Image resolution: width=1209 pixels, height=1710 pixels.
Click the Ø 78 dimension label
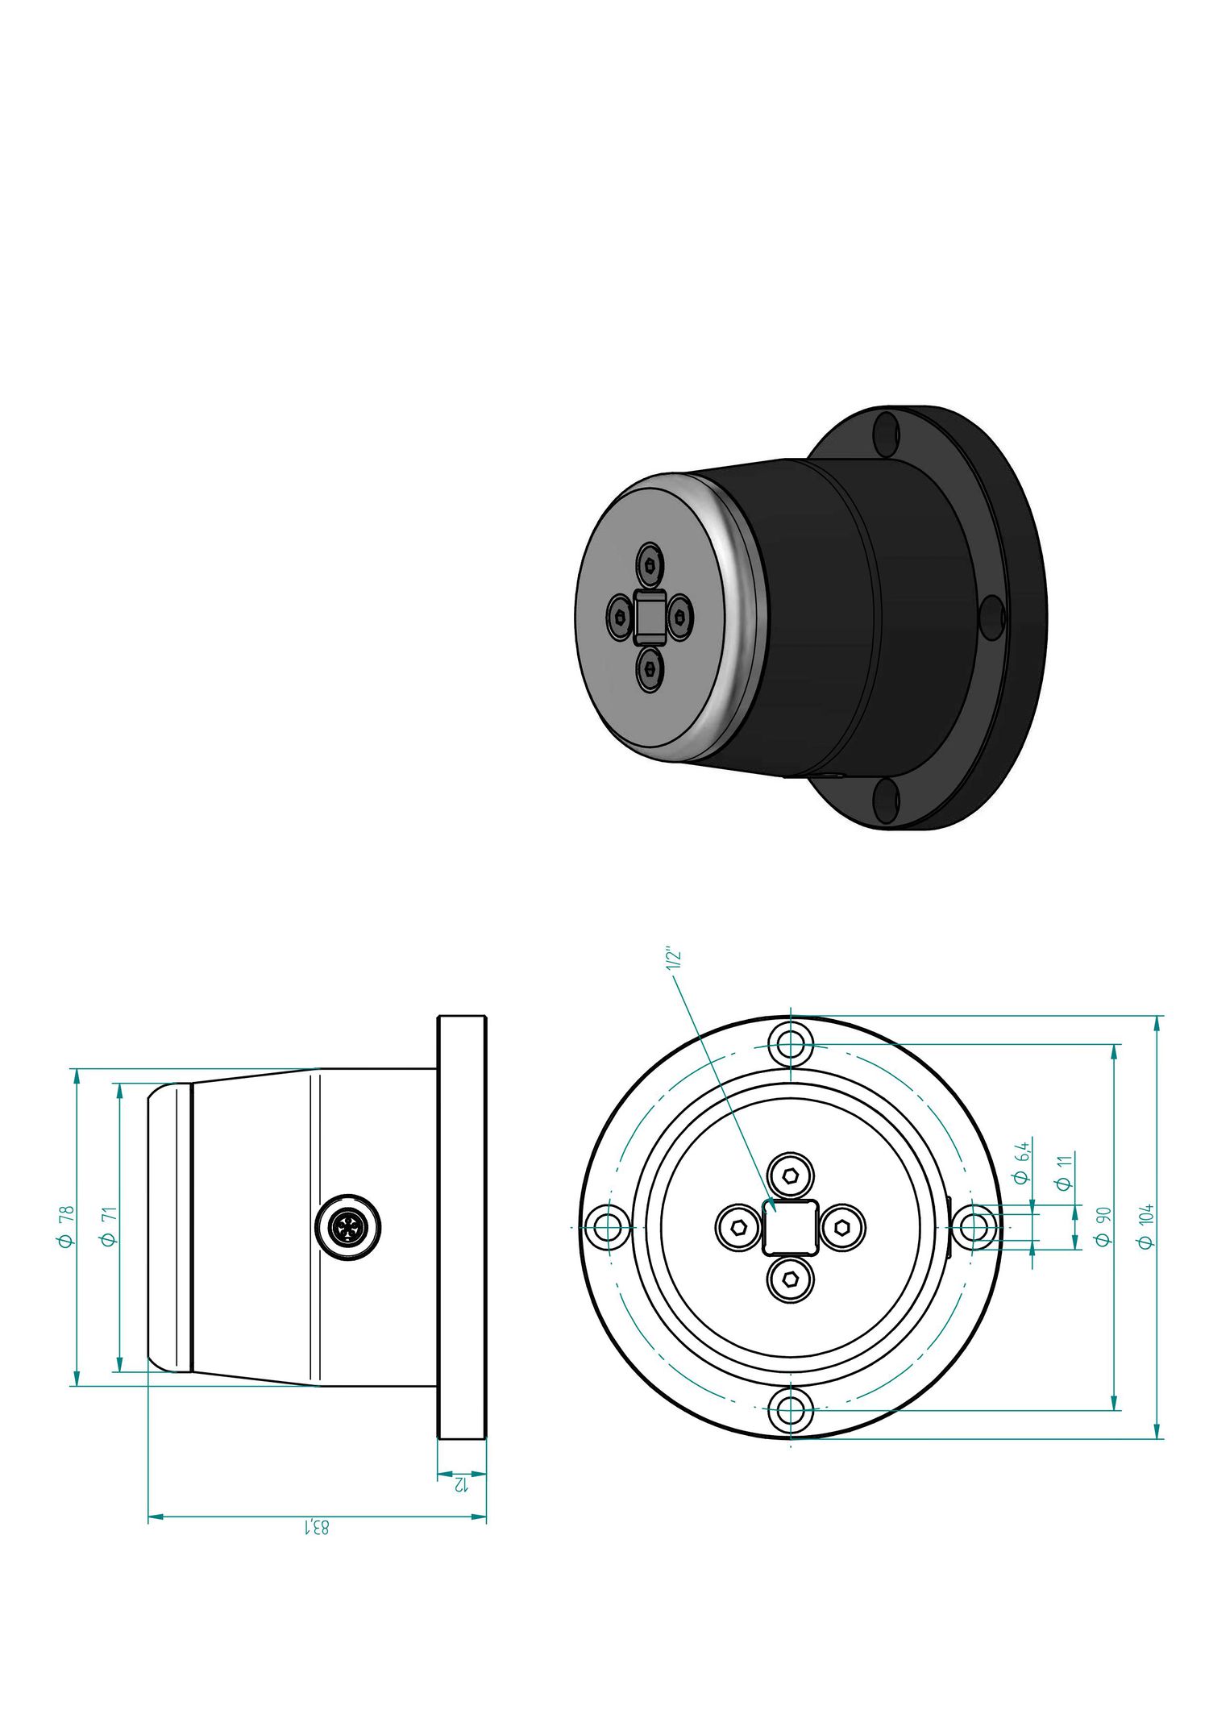tap(65, 1226)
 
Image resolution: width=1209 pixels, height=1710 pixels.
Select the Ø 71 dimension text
tap(109, 1226)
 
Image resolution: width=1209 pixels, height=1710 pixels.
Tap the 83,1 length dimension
tap(316, 1526)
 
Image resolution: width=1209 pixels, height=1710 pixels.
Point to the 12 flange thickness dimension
tap(461, 1483)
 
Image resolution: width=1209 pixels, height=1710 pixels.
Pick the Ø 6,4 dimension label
tap(1021, 1163)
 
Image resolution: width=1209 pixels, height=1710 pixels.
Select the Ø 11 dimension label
tap(1064, 1172)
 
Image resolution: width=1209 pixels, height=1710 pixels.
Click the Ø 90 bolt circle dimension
tap(1103, 1226)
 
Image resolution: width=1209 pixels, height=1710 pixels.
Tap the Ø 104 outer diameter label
tap(1145, 1226)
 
